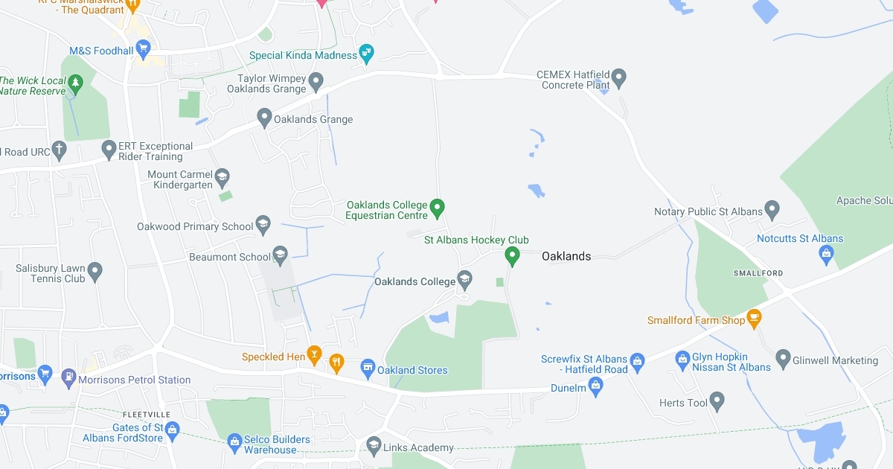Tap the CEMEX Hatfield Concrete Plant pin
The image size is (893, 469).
619,77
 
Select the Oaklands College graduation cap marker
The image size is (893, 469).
465,280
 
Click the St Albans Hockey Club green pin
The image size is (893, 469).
512,256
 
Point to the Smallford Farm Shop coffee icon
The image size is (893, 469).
755,319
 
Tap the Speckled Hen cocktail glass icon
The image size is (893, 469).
315,356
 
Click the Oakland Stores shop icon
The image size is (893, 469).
368,368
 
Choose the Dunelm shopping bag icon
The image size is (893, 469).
595,386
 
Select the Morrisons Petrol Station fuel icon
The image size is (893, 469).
68,378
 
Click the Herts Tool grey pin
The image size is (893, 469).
717,401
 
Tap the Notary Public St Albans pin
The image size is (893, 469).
772,210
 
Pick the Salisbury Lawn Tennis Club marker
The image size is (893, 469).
95,272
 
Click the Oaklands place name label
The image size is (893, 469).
566,256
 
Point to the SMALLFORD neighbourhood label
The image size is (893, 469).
758,273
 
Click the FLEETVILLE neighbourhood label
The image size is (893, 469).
147,414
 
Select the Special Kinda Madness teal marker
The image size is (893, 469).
366,53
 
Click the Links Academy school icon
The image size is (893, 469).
374,446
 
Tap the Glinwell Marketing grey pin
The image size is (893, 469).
783,359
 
